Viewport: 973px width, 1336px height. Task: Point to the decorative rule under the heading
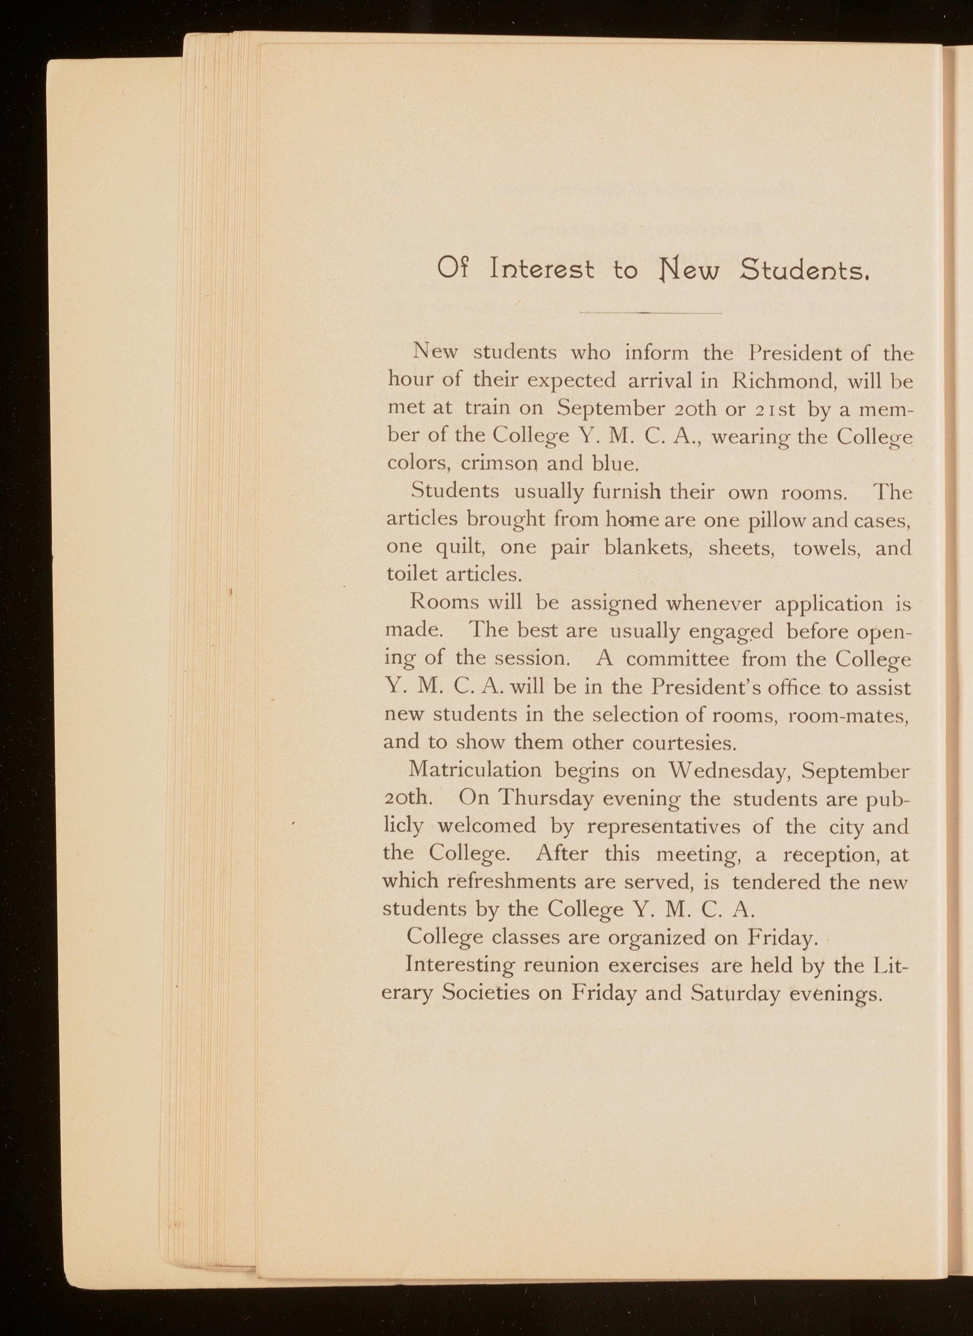(650, 313)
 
